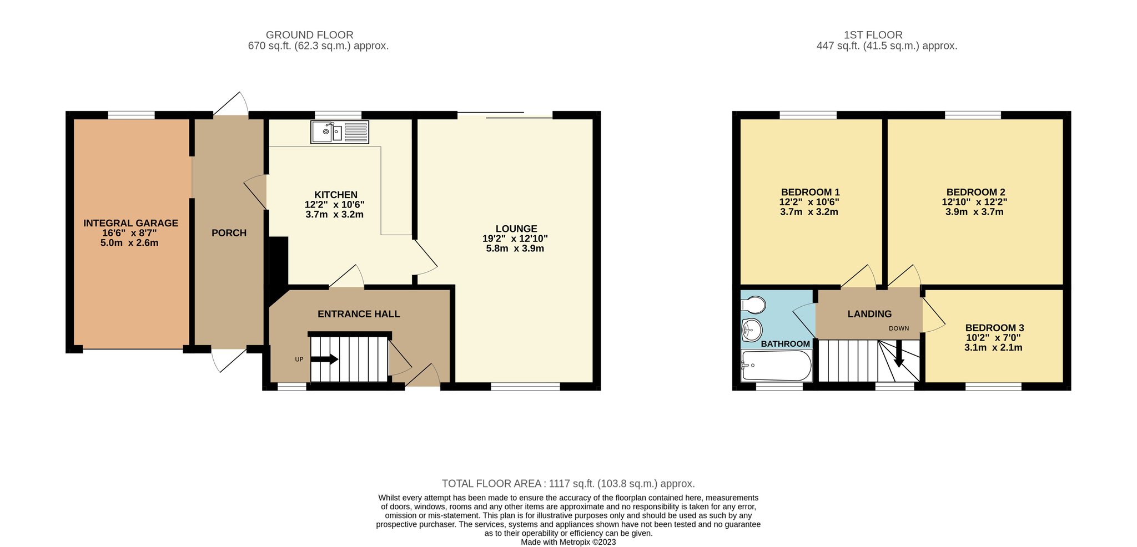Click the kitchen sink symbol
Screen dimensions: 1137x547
point(340,132)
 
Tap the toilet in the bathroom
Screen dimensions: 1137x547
point(753,305)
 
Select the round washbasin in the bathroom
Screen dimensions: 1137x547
point(751,331)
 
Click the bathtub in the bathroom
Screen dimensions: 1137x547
point(776,366)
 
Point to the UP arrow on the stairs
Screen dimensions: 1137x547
point(324,359)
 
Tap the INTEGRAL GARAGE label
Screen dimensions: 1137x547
point(131,223)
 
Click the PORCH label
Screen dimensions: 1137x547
point(229,233)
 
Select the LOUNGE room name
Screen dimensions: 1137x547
point(516,229)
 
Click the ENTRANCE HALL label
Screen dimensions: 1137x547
point(359,314)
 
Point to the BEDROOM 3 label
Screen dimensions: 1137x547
point(994,328)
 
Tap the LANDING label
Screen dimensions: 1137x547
point(869,314)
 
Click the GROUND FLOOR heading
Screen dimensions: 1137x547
point(309,35)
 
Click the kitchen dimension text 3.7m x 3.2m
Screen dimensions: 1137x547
point(335,214)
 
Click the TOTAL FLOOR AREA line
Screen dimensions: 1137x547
point(568,484)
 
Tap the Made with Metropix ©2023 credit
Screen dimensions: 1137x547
point(568,542)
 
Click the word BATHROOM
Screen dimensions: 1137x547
point(785,344)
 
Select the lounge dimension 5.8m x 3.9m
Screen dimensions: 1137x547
point(515,249)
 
